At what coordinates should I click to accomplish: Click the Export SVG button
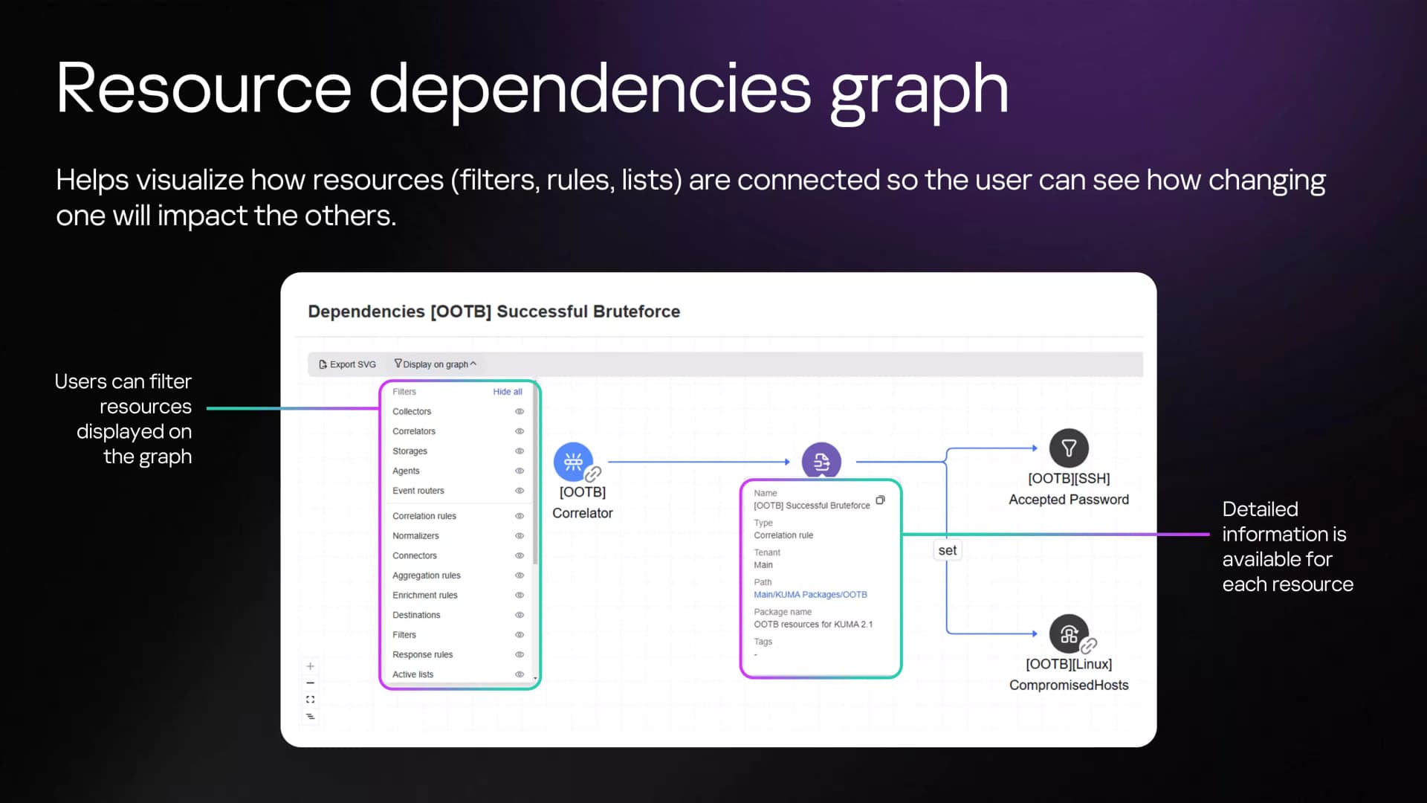tap(347, 364)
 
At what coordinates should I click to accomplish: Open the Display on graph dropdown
tap(435, 364)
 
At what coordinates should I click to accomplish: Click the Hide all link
tap(508, 392)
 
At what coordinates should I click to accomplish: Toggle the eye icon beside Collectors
tap(520, 411)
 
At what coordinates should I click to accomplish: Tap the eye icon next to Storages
tap(520, 451)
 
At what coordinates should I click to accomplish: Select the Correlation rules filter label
tap(424, 516)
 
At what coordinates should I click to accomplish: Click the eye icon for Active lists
tap(520, 674)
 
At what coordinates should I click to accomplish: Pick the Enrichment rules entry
tap(425, 596)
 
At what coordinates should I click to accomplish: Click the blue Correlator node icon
tap(573, 462)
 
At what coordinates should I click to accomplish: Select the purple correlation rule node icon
tap(821, 462)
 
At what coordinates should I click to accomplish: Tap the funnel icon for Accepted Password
tap(1069, 448)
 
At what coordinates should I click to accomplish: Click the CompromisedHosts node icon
tap(1069, 634)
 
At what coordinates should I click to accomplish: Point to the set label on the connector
tap(948, 550)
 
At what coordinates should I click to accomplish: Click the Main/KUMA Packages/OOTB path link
tap(810, 595)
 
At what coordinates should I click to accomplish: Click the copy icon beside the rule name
tap(880, 500)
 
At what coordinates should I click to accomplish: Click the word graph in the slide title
tap(919, 91)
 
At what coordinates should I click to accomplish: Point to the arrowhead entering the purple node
tap(787, 462)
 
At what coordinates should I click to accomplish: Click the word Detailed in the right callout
tap(1260, 509)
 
